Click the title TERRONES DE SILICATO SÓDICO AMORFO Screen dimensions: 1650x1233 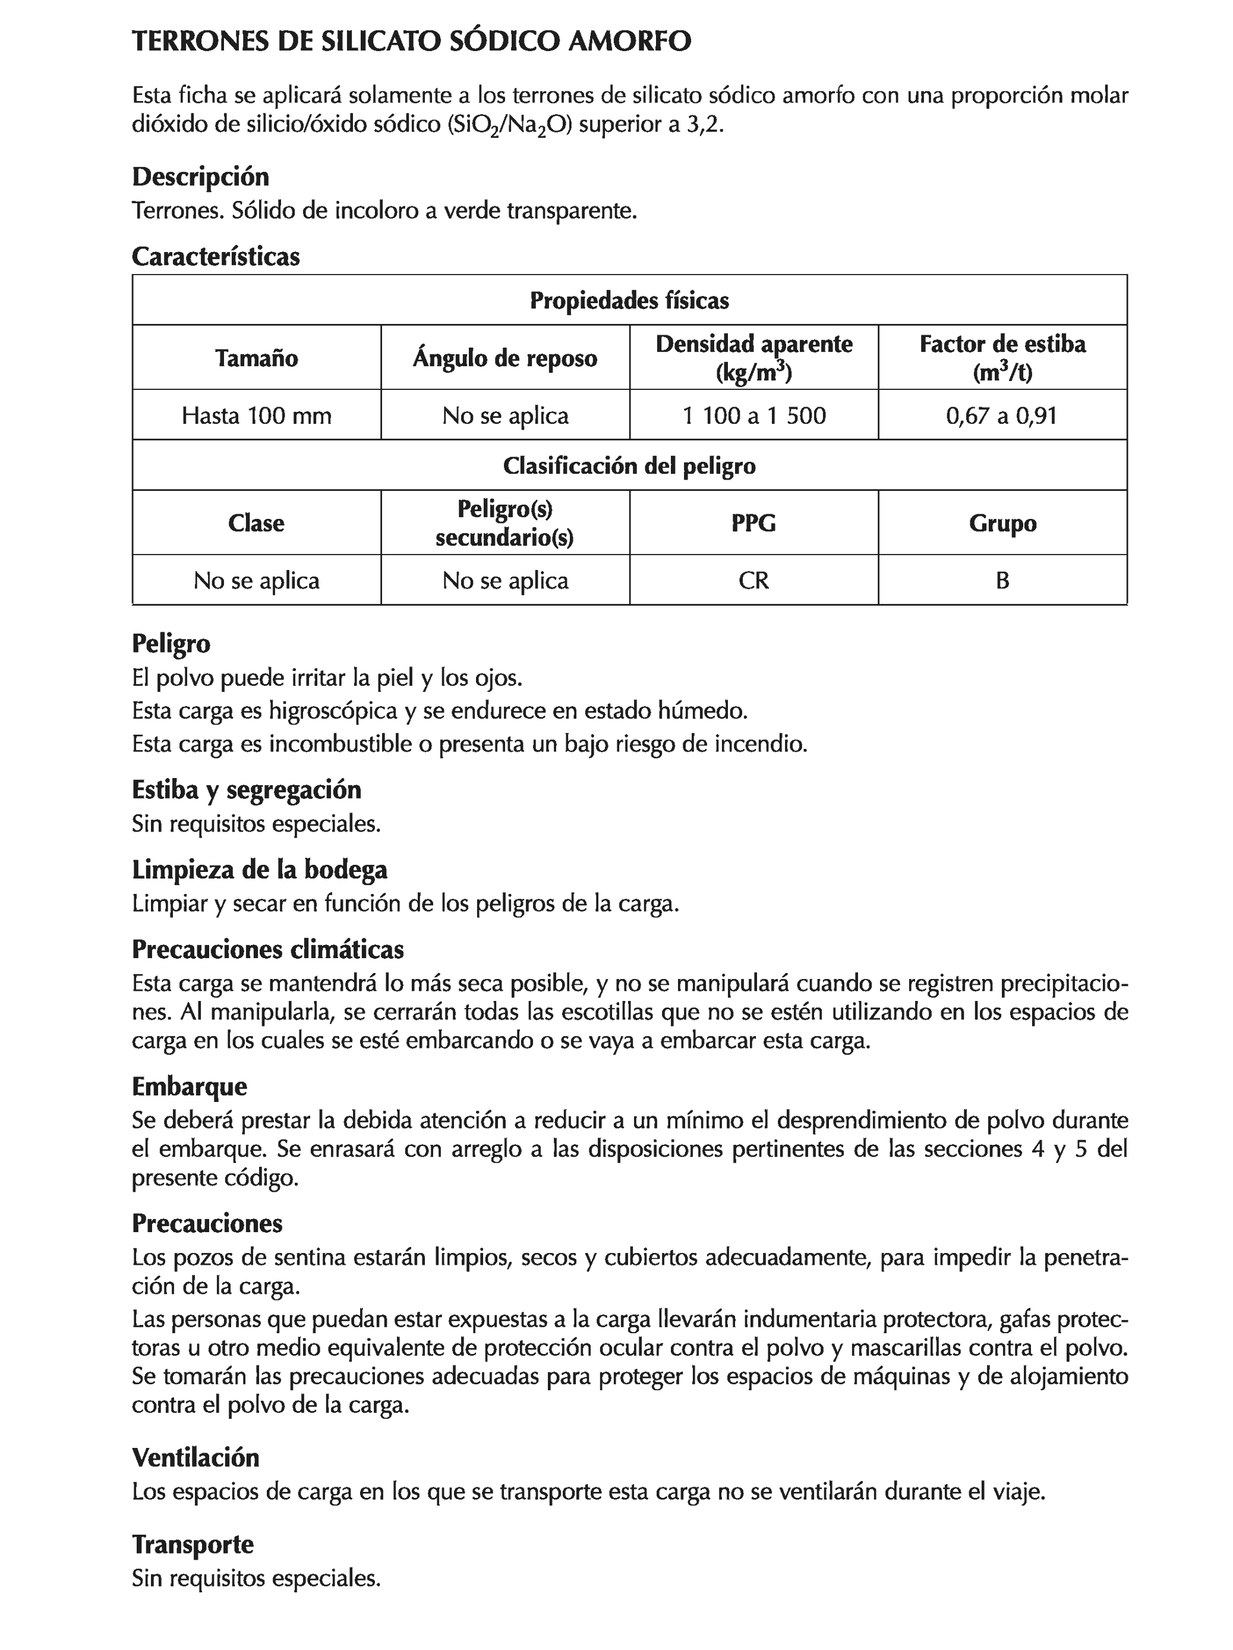point(411,42)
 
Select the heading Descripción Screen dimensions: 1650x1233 point(200,177)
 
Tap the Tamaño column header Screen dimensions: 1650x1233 point(257,358)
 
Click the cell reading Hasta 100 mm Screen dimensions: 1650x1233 point(257,415)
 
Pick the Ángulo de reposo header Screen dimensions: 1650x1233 point(505,358)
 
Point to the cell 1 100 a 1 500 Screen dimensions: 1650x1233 point(753,415)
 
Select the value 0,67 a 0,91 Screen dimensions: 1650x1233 point(1002,415)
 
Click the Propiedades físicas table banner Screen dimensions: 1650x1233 point(629,301)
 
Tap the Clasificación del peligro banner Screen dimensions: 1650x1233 point(629,466)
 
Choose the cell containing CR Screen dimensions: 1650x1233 point(753,580)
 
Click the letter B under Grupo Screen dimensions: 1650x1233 point(1002,580)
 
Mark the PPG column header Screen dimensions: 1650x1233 point(753,523)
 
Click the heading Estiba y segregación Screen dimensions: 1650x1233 point(246,789)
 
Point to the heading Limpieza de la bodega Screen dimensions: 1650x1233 point(260,870)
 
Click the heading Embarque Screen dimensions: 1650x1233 point(190,1086)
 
